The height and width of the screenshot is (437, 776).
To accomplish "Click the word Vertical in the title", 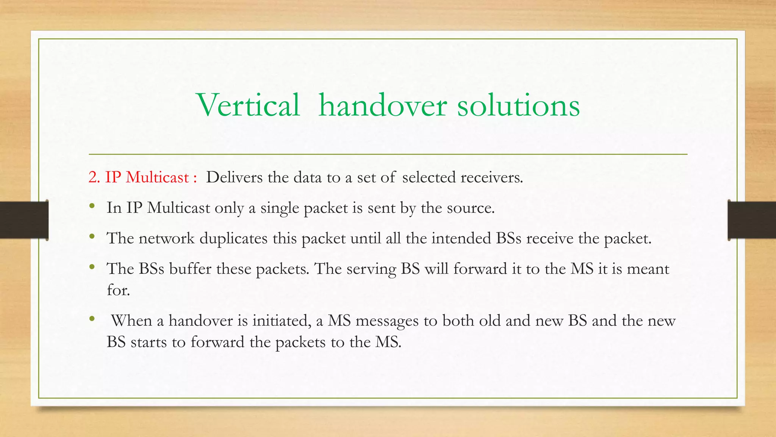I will (249, 105).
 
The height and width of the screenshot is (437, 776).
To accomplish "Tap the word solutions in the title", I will (518, 105).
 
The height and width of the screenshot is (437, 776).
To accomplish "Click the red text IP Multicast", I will (147, 177).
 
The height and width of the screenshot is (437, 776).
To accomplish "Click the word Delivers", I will (234, 177).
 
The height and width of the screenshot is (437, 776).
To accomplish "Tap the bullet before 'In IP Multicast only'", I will (92, 207).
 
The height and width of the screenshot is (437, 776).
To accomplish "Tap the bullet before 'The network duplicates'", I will (92, 237).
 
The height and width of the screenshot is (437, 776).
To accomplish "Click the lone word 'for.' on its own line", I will (118, 290).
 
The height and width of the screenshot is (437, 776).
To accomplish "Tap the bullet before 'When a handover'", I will (92, 319).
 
